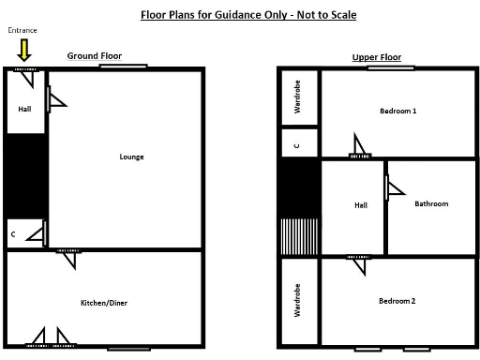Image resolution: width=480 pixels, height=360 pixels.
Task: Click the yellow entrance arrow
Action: tap(24, 51)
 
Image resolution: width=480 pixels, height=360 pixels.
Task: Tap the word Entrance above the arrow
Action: tap(22, 31)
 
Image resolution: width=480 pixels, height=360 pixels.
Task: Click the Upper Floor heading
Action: tap(376, 57)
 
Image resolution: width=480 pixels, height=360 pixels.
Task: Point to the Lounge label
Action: tap(131, 157)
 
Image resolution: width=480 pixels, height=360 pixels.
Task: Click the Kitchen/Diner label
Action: tap(104, 303)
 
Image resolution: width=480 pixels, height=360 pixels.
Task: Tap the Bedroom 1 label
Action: tap(397, 112)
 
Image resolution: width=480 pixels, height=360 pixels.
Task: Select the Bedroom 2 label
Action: tap(397, 302)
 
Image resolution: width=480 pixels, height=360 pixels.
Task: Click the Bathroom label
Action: tap(431, 203)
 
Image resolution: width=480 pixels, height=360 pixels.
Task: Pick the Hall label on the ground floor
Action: tap(24, 109)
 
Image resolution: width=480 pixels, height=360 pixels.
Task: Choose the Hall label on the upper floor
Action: tap(360, 205)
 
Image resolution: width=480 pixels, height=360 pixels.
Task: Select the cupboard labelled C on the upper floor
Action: tap(297, 144)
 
